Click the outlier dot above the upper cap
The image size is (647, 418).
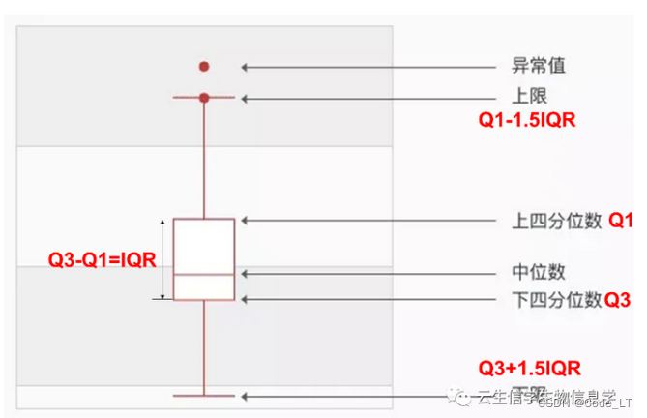[204, 67]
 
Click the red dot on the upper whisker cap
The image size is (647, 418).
[204, 98]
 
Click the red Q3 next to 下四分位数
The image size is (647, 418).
[617, 299]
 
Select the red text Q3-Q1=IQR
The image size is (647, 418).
[103, 258]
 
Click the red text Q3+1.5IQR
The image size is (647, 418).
[530, 368]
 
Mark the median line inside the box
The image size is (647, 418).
[204, 275]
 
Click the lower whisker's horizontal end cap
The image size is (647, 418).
[204, 395]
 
